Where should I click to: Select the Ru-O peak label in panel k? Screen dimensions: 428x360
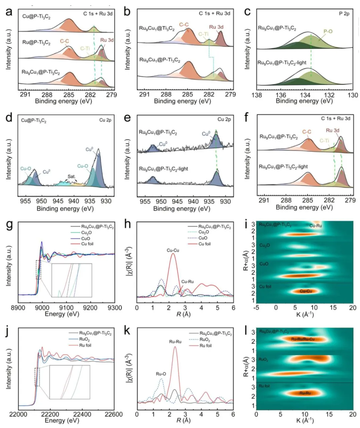pos(161,374)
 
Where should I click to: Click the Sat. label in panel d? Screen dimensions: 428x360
pos(72,177)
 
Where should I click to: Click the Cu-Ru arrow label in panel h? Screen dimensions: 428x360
pos(188,282)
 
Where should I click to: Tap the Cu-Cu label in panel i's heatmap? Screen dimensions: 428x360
pos(306,291)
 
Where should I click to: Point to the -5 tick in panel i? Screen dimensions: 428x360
pos(256,308)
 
